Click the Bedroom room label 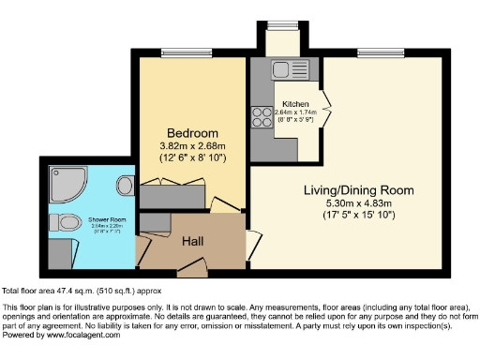[x=193, y=132]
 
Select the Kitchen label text [x=296, y=104]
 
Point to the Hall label [x=194, y=242]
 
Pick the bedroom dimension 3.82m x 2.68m [x=193, y=146]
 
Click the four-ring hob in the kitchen [x=260, y=117]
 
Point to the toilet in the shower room [x=67, y=223]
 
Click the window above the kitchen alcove [x=277, y=24]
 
